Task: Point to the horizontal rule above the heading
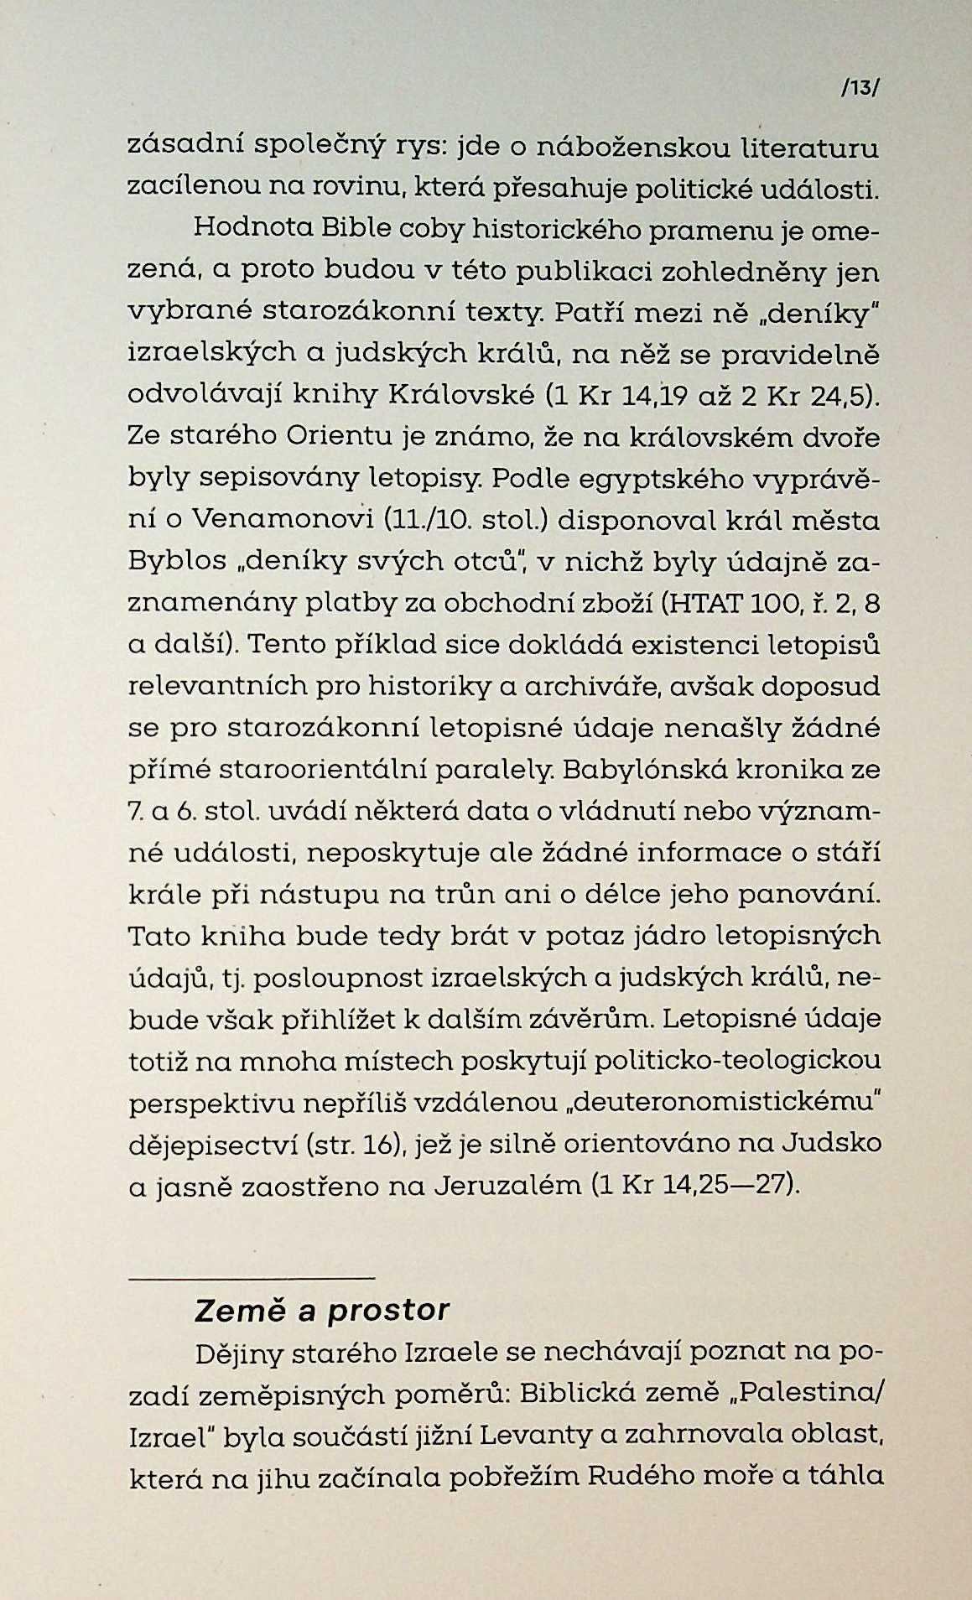[x=251, y=1278]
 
